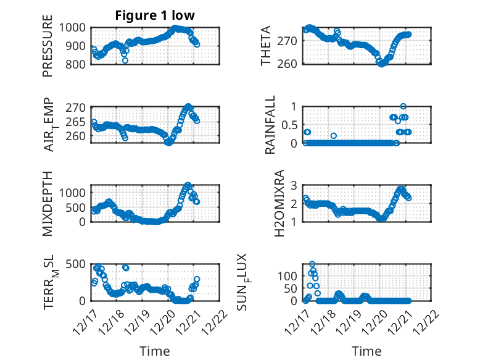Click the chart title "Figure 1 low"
154,16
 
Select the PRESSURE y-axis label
48,50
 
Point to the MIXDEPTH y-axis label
48,203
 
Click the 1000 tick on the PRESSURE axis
75,28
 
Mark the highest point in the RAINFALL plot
403,106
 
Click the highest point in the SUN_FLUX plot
312,264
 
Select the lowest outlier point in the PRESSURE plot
125,61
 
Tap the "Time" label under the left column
154,351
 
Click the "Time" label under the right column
366,351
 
